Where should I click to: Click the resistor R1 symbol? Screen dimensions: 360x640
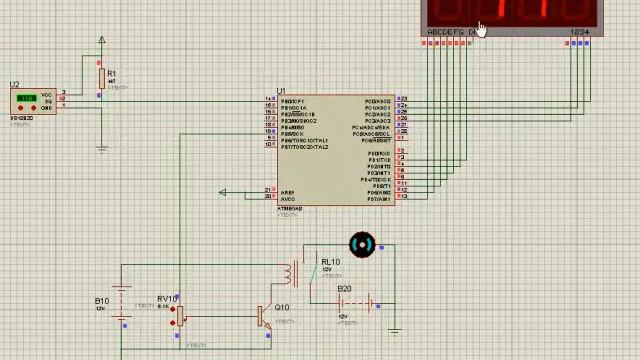[x=101, y=78]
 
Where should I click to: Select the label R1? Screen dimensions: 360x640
[x=111, y=73]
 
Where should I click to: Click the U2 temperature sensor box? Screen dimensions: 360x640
[x=33, y=101]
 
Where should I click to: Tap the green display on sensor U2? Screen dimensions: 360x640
[x=26, y=98]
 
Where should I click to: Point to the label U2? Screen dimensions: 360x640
[x=14, y=85]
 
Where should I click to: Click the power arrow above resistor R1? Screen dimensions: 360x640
[x=101, y=41]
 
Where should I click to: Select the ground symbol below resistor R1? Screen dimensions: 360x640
[x=101, y=148]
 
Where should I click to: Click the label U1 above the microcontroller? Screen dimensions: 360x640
[x=282, y=91]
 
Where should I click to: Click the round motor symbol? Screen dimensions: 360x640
[x=361, y=245]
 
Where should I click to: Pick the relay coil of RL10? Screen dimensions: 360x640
[x=291, y=273]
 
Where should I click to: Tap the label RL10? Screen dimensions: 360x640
[x=329, y=262]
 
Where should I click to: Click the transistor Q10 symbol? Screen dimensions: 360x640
[x=262, y=317]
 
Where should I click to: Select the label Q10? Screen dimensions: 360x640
[x=281, y=308]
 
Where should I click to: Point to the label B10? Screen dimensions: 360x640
[x=102, y=301]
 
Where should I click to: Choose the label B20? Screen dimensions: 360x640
[x=344, y=289]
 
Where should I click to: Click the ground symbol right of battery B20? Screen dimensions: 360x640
[x=394, y=330]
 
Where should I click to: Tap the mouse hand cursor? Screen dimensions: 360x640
[x=481, y=29]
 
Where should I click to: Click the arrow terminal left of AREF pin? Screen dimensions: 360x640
[x=223, y=193]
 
